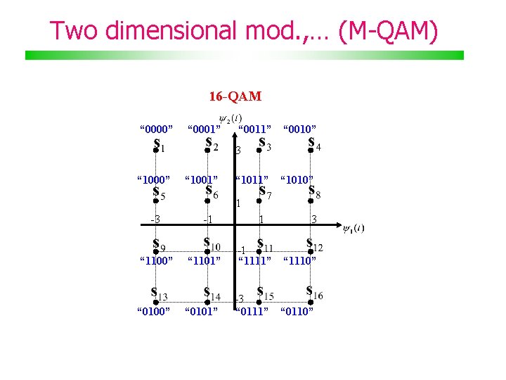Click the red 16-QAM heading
235,96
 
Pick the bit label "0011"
254,129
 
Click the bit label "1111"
254,261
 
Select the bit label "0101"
202,312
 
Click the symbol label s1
160,145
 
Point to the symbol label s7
265,191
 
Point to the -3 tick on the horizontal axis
155,220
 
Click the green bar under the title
245,55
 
